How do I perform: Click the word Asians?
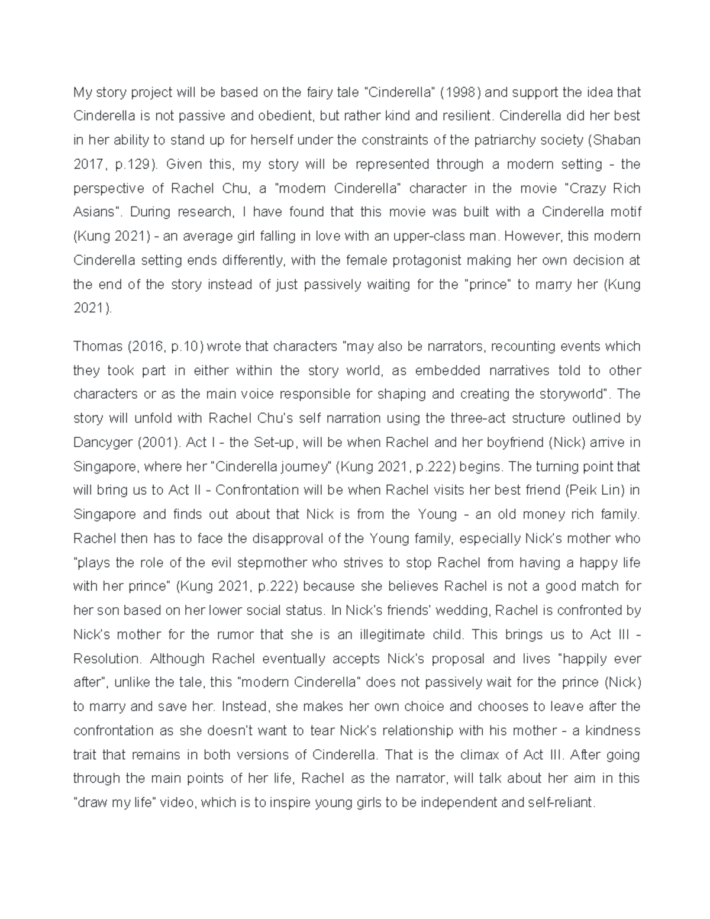coord(93,212)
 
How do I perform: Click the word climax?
coord(482,755)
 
